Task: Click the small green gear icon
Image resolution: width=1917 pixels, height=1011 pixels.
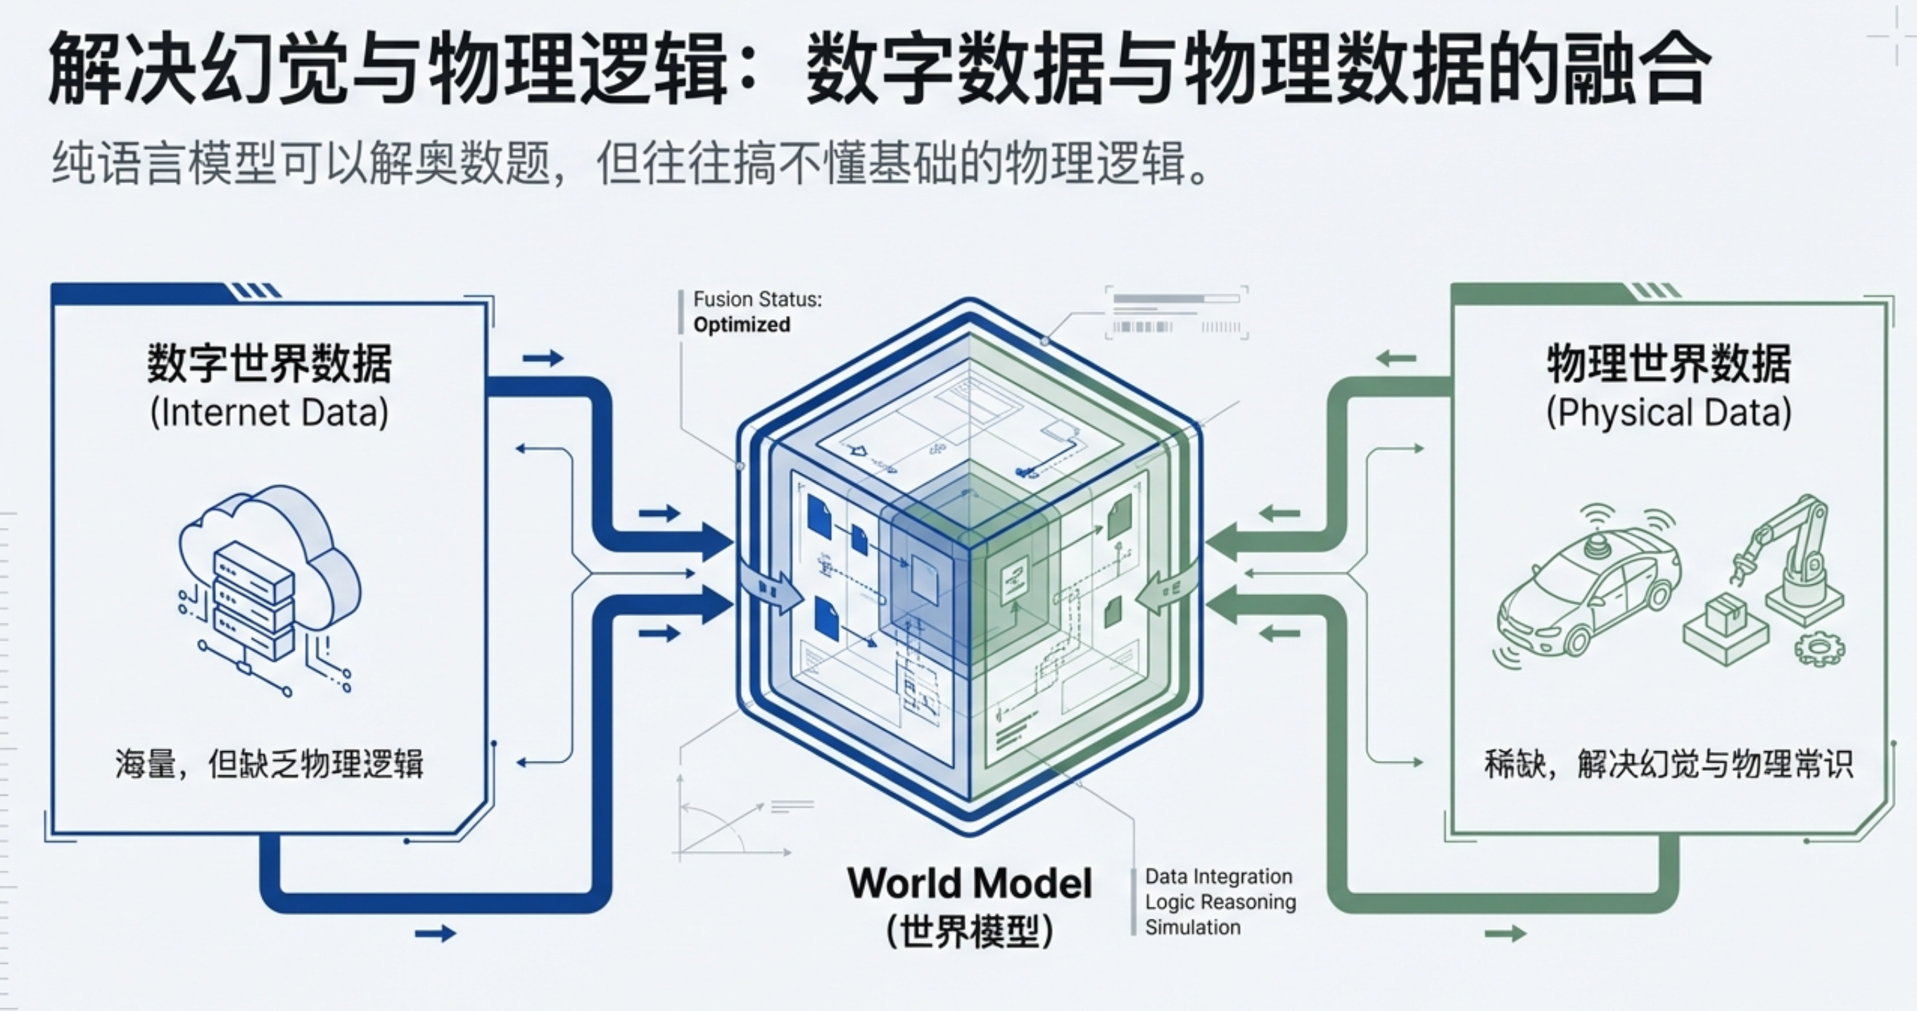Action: click(x=1818, y=648)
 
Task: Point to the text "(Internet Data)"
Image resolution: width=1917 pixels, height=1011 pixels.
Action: click(x=270, y=413)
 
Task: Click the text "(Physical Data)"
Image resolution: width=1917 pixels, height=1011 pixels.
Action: click(x=1669, y=413)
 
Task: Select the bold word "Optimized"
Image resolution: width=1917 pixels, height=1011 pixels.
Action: click(x=741, y=325)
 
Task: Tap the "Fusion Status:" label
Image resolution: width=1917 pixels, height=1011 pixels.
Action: click(x=757, y=299)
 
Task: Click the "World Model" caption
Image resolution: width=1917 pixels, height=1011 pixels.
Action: click(x=970, y=884)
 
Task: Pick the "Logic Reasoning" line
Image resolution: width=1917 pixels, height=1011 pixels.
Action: click(x=1220, y=903)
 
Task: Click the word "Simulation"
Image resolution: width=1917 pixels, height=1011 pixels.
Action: click(x=1193, y=928)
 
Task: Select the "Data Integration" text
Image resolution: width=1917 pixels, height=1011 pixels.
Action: click(x=1219, y=877)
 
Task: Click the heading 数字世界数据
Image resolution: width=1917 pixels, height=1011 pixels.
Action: click(x=270, y=363)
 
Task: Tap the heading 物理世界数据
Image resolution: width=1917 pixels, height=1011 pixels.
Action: click(x=1669, y=363)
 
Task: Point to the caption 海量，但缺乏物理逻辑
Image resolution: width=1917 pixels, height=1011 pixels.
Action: click(x=270, y=764)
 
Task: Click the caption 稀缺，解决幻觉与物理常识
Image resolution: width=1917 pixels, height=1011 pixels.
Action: click(x=1669, y=764)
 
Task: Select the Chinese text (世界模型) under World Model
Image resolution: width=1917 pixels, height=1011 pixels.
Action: click(x=970, y=931)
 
